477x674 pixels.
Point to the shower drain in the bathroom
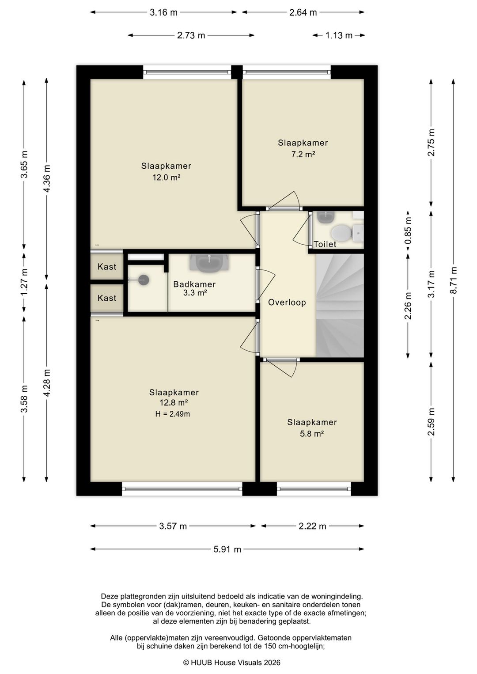(144, 280)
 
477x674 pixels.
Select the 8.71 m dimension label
(454, 280)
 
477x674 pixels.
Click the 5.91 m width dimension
(227, 549)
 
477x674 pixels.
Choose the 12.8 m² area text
(174, 402)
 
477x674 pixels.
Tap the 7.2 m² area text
(303, 154)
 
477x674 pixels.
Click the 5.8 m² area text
(312, 434)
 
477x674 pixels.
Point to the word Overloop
(287, 302)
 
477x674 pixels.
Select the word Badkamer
(194, 284)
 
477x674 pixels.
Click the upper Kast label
(107, 267)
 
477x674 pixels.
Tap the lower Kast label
(107, 298)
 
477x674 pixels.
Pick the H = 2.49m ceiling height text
(172, 414)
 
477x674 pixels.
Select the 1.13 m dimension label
(339, 35)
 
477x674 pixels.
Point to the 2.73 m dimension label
(191, 35)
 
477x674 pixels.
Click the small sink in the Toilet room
(326, 217)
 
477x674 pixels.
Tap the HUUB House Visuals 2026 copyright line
(232, 662)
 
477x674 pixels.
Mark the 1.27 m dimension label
(24, 282)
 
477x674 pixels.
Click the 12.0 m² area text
(166, 177)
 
